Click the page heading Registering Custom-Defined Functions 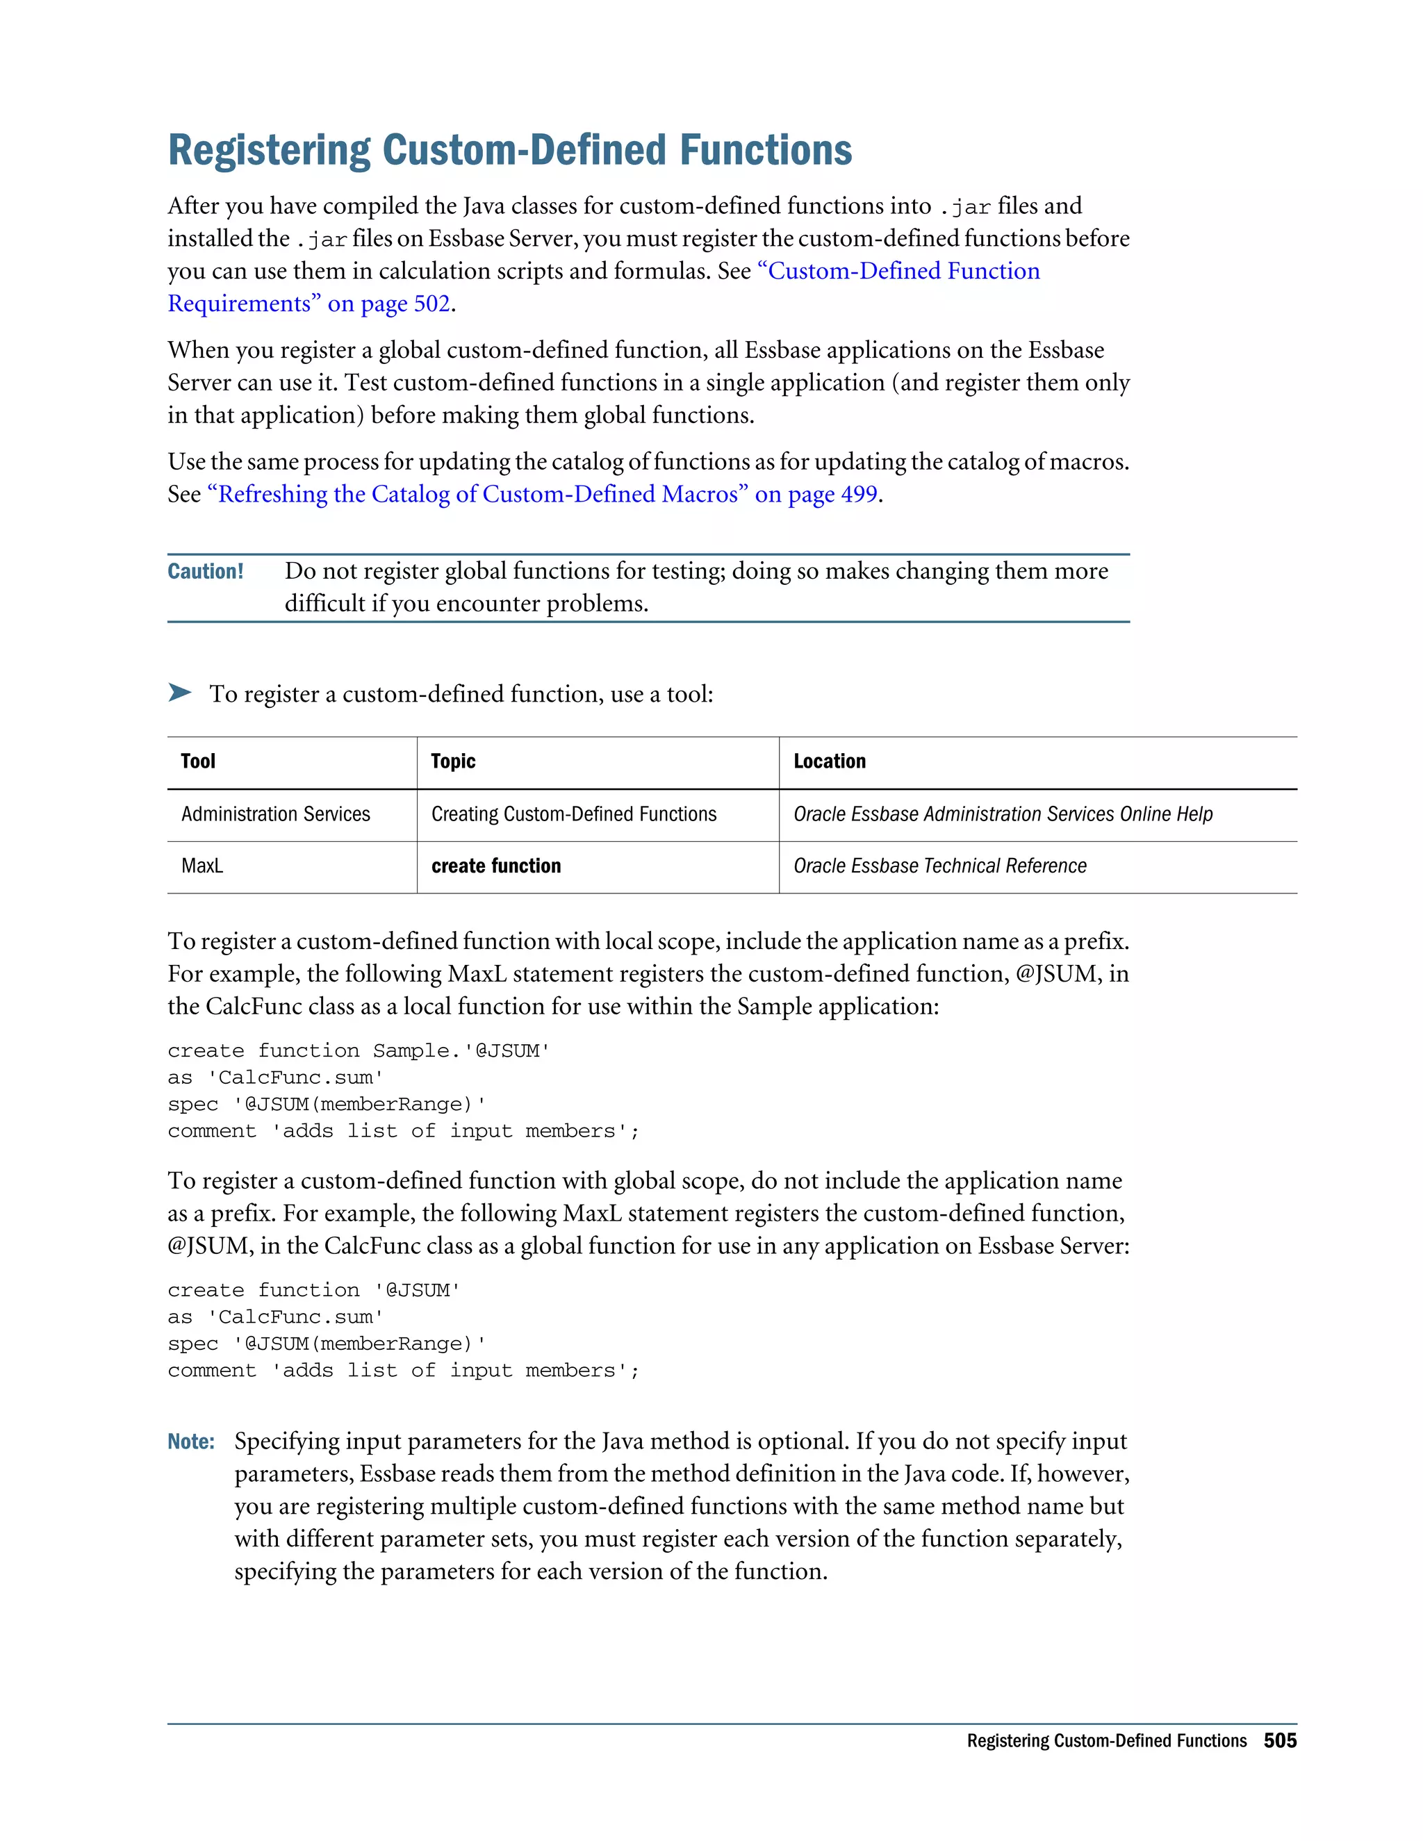pos(509,150)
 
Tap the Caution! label pos(205,572)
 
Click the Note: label pos(190,1442)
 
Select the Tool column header pos(198,761)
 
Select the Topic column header pos(453,761)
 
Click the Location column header pos(829,761)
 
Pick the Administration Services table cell pos(276,814)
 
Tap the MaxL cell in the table pos(202,866)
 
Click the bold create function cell pos(495,866)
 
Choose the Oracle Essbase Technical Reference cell pos(939,866)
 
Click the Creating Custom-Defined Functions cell pos(573,814)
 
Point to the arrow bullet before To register pos(179,693)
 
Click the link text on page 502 pos(388,304)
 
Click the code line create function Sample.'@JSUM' pos(359,1050)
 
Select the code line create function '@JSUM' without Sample pos(313,1289)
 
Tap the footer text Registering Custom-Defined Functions pos(1106,1741)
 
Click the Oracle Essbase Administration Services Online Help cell pos(1003,814)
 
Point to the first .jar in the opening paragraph pos(964,207)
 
